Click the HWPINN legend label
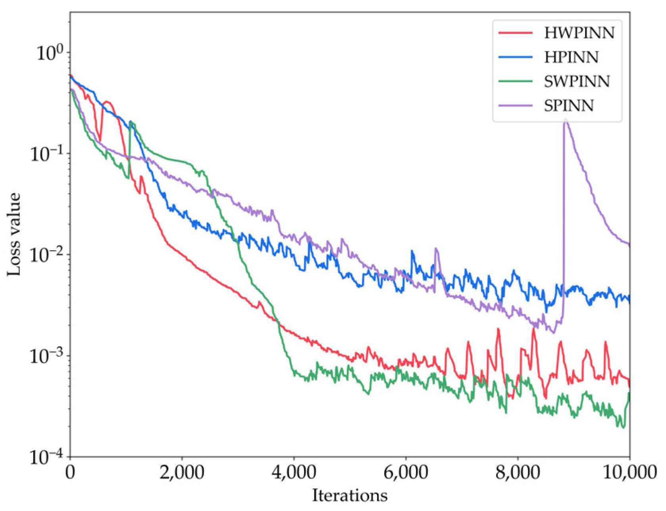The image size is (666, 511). pyautogui.click(x=579, y=33)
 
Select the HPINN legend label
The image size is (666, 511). pyautogui.click(x=571, y=58)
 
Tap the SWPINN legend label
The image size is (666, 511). pyautogui.click(x=577, y=82)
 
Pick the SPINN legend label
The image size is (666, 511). pyautogui.click(x=569, y=106)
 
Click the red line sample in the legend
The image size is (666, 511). pyautogui.click(x=515, y=33)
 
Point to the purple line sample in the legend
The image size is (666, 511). pyautogui.click(x=515, y=106)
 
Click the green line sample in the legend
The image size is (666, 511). pyautogui.click(x=515, y=82)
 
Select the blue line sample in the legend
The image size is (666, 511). pyautogui.click(x=515, y=58)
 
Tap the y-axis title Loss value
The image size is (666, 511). pyautogui.click(x=14, y=234)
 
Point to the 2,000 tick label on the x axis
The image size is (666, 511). pyautogui.click(x=182, y=473)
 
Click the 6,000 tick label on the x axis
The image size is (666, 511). pyautogui.click(x=406, y=473)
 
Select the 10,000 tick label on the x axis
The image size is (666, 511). pyautogui.click(x=629, y=473)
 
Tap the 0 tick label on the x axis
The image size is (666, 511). pyautogui.click(x=70, y=473)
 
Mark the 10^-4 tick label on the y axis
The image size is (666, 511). pyautogui.click(x=46, y=457)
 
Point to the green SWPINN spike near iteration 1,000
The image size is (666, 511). pyautogui.click(x=131, y=123)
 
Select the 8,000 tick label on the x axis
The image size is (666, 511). pyautogui.click(x=518, y=473)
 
